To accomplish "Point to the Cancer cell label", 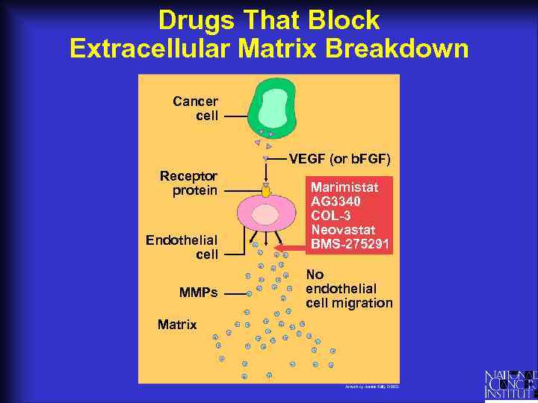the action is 195,108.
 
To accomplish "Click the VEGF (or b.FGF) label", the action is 340,159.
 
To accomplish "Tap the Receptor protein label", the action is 188,183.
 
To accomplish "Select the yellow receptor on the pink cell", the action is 266,192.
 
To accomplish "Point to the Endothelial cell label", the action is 182,247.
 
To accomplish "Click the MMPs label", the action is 199,293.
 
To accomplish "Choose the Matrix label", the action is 177,325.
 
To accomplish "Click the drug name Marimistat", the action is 344,187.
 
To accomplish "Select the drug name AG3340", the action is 336,201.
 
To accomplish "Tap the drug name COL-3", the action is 330,215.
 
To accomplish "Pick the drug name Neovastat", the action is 343,229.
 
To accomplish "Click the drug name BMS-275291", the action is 350,243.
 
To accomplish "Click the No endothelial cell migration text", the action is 348,288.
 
